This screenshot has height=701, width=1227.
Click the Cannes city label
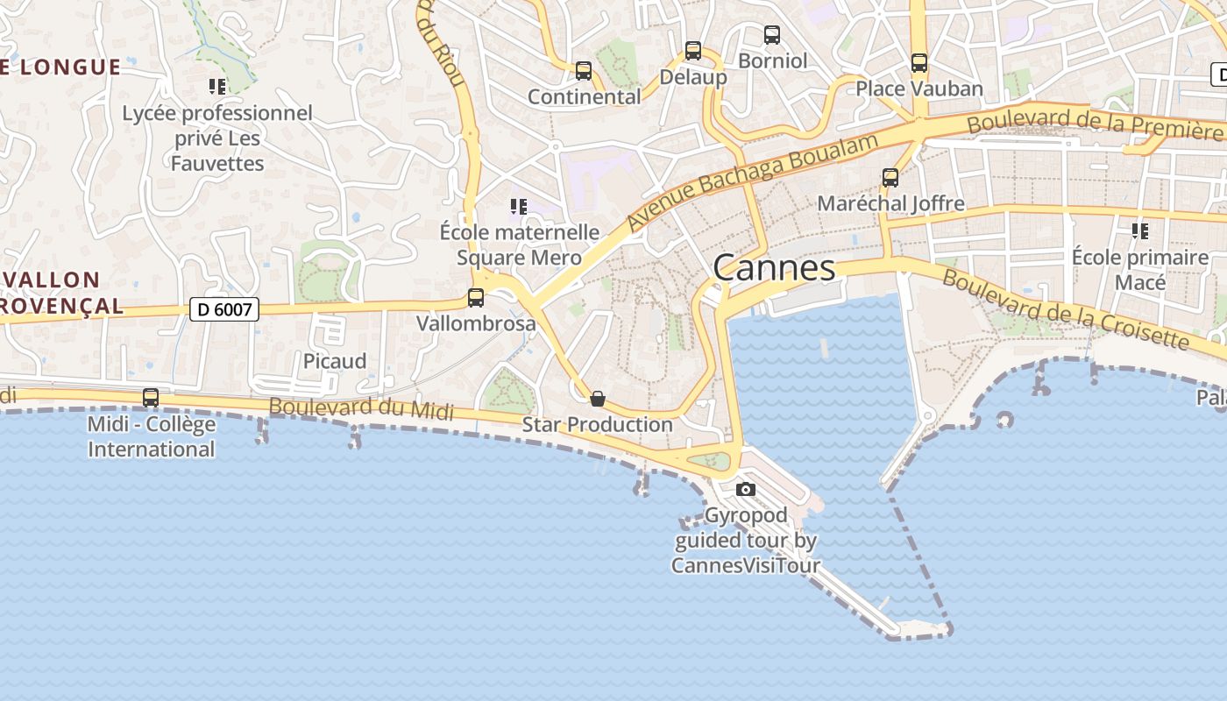click(774, 267)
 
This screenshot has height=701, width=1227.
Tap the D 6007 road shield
click(224, 308)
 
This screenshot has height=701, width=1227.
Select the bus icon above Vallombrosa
click(476, 298)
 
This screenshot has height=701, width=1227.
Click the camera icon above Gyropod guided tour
click(746, 489)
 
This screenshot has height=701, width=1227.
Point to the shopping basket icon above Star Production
click(598, 399)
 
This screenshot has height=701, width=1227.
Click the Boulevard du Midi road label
click(361, 408)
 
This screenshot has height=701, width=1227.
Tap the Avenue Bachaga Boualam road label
click(753, 182)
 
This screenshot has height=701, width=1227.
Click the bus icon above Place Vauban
click(919, 63)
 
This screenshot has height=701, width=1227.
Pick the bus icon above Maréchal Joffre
click(890, 178)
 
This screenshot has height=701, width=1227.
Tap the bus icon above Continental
click(584, 71)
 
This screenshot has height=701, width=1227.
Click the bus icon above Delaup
click(693, 51)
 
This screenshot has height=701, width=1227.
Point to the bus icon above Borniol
click(772, 35)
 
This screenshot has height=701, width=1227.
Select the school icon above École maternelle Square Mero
click(518, 207)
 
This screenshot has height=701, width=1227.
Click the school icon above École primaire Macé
click(1140, 231)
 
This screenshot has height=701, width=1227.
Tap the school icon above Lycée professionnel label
click(217, 87)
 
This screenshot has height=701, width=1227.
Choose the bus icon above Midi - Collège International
click(151, 398)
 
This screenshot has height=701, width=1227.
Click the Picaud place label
click(335, 361)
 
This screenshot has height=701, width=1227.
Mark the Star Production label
click(598, 425)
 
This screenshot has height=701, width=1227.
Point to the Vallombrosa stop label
click(476, 323)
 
